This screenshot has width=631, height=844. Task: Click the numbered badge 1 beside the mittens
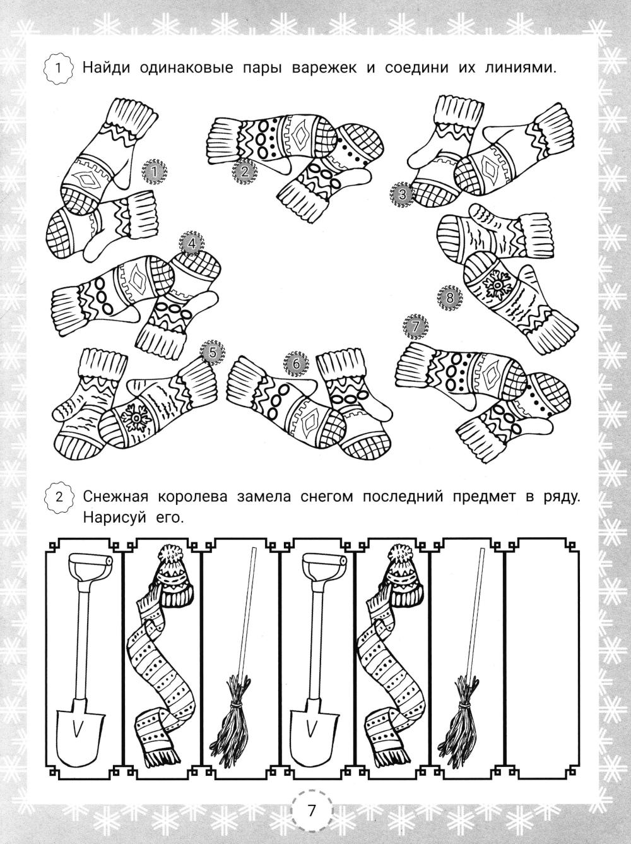tap(155, 172)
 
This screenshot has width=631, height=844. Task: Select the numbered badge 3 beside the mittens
tap(403, 194)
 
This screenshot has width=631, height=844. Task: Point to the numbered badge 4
tap(192, 243)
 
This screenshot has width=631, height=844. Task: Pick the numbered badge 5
tap(213, 352)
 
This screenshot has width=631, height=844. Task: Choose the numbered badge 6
tap(296, 363)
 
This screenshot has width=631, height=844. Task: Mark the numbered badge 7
tap(415, 327)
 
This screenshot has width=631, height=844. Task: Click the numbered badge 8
tap(451, 297)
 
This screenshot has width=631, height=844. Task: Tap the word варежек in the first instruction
tap(324, 68)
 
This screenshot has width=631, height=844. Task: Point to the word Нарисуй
tap(115, 518)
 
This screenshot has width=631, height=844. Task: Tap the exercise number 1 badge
tap(59, 68)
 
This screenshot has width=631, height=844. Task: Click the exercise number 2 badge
tap(59, 497)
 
